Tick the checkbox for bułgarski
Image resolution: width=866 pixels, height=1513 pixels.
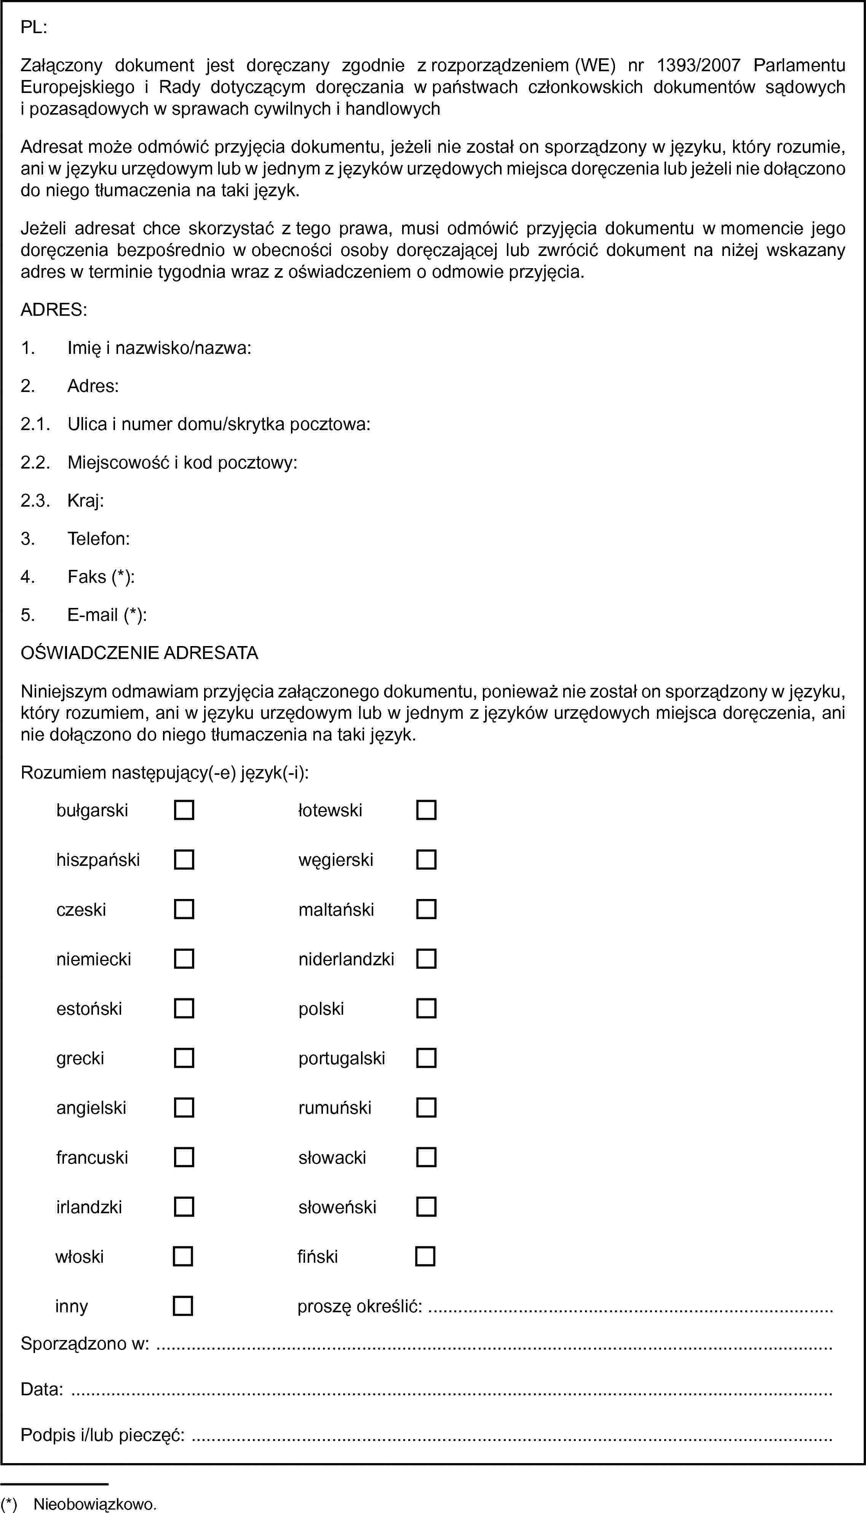(x=184, y=810)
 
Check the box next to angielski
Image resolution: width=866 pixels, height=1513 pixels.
(x=184, y=1107)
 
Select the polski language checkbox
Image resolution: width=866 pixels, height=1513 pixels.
(x=427, y=1008)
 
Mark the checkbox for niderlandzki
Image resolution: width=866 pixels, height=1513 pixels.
(x=427, y=959)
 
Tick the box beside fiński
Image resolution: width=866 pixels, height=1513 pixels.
(x=425, y=1256)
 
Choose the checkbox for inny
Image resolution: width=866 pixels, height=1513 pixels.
(x=182, y=1305)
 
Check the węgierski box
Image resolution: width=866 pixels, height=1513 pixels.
(x=427, y=859)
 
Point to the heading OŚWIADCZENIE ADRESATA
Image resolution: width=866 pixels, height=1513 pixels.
(x=139, y=653)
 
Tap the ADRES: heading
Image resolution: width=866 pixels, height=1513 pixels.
(x=54, y=310)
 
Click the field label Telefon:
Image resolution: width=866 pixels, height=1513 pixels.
(x=99, y=539)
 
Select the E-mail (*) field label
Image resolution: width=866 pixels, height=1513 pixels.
(x=107, y=615)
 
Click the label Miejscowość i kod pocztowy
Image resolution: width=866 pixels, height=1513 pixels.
(x=182, y=462)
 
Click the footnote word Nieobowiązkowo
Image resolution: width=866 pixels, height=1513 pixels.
(x=95, y=1505)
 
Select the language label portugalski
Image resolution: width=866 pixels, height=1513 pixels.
(x=341, y=1058)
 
